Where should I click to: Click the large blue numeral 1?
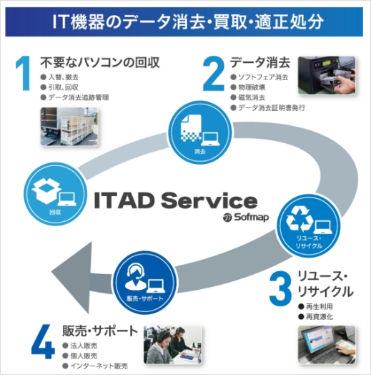(x=24, y=73)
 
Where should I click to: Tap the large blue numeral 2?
(x=214, y=73)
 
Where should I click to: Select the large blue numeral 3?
(x=280, y=288)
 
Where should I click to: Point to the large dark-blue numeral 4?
(x=43, y=341)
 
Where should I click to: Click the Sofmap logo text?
(x=246, y=217)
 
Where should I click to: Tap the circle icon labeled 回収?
(x=55, y=194)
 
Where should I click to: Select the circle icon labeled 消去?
(x=200, y=132)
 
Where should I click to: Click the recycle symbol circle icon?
(x=309, y=225)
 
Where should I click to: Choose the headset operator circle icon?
(x=144, y=283)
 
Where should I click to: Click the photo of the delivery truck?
(x=69, y=127)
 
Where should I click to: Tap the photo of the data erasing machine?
(x=327, y=75)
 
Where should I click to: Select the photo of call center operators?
(x=172, y=345)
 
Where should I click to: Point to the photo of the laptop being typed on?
(x=327, y=345)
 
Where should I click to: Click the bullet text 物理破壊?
(x=252, y=87)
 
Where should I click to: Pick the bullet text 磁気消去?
(x=252, y=97)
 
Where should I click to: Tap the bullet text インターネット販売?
(x=99, y=366)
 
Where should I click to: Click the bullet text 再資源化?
(x=320, y=317)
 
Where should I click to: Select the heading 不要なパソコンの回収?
(x=100, y=63)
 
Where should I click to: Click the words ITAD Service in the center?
(x=176, y=201)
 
